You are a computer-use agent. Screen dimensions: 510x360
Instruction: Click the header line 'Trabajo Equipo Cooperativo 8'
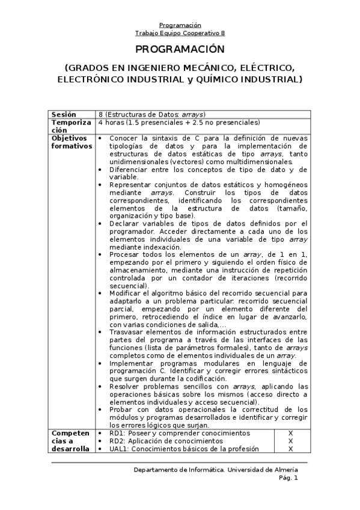[180, 33]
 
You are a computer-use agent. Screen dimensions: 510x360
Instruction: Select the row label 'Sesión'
[64, 114]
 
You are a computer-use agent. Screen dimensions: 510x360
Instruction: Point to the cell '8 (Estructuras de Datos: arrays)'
[152, 114]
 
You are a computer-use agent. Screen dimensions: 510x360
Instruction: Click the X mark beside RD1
[290, 433]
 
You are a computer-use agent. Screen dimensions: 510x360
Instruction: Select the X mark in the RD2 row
[290, 441]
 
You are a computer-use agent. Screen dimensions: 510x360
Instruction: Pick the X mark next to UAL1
[290, 449]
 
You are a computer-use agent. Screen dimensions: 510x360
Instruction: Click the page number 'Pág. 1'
[288, 478]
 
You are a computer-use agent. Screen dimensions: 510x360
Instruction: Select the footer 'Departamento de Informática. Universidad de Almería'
[216, 470]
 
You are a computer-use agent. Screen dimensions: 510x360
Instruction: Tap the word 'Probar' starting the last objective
[121, 410]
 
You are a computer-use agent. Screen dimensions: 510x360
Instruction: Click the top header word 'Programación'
[180, 25]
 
